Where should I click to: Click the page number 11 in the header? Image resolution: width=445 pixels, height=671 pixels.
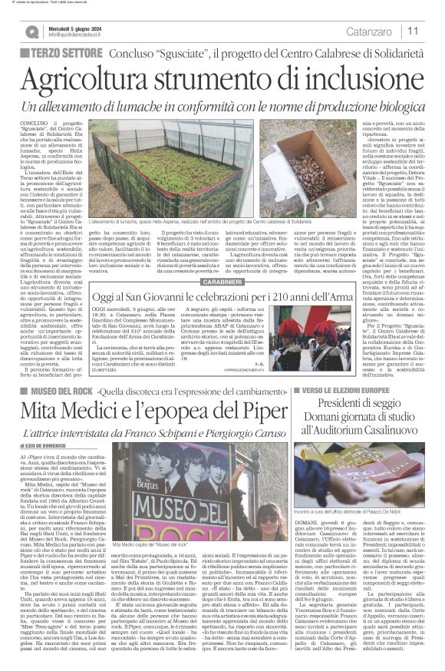pos(413,31)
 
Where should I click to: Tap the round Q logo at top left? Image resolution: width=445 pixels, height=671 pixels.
pos(31,31)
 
